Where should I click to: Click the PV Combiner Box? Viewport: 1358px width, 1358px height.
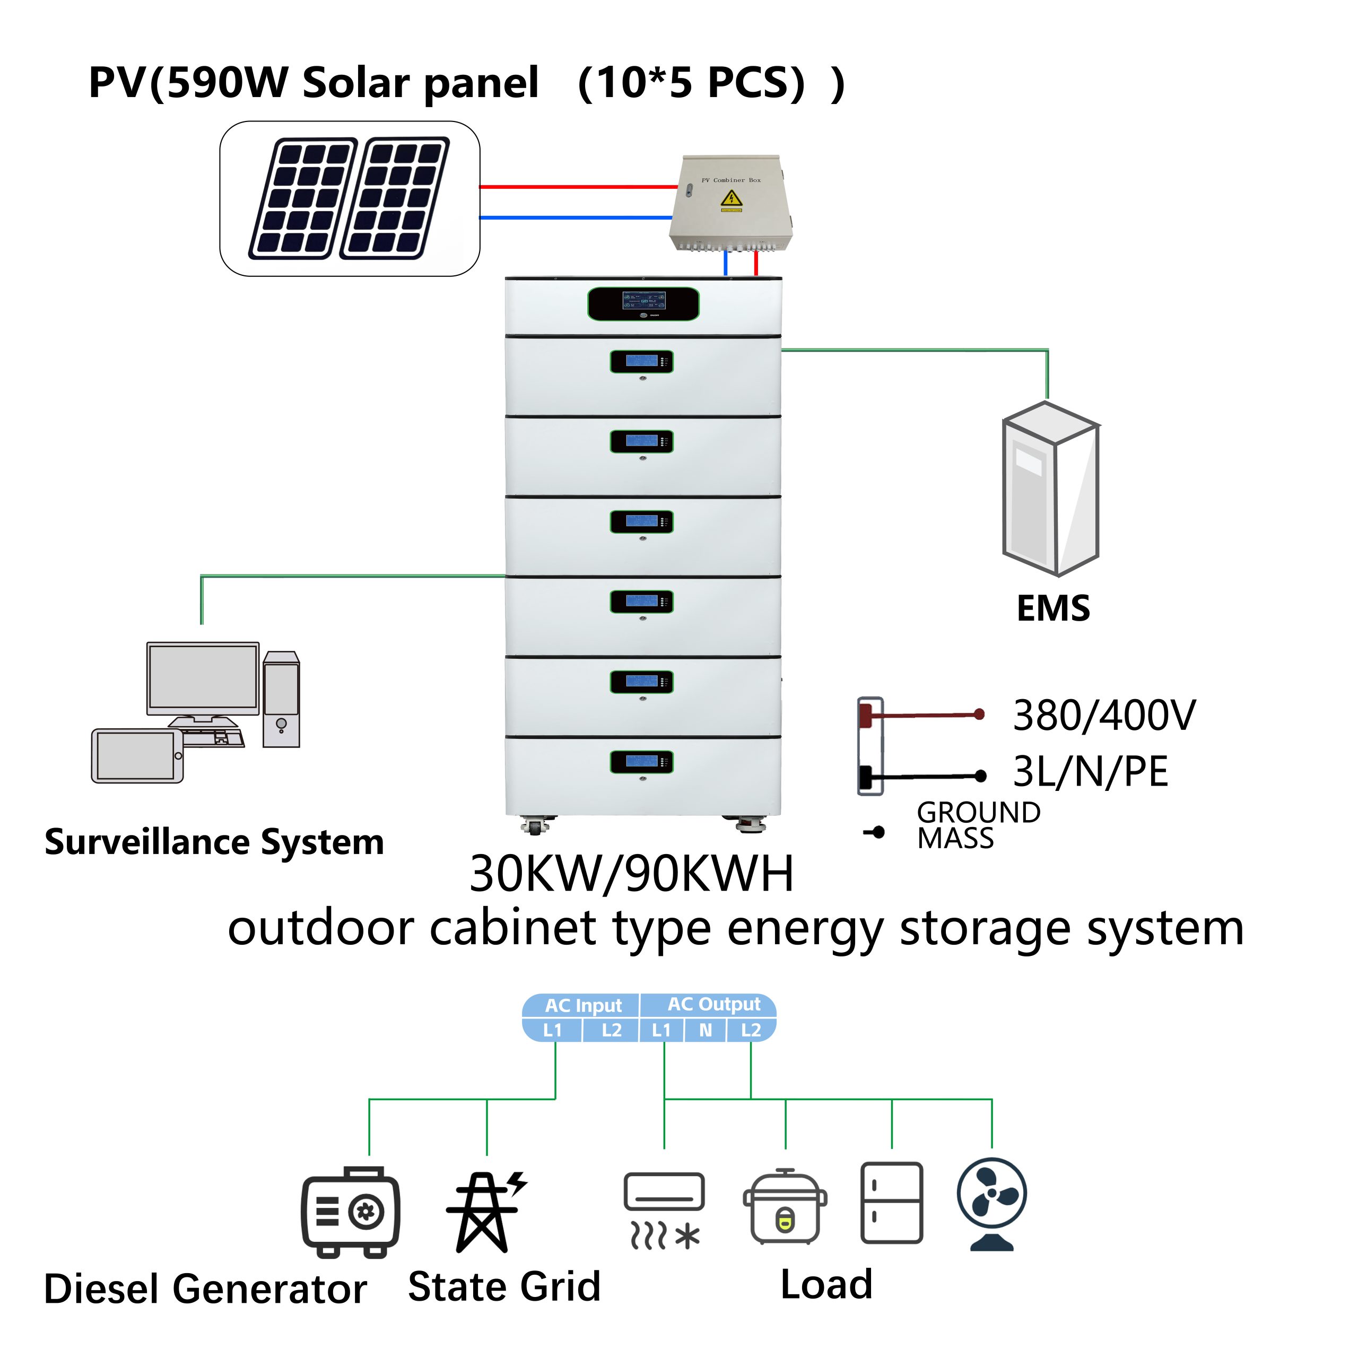731,204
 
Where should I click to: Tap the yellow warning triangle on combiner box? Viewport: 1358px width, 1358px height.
731,199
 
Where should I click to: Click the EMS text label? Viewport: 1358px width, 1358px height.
1053,608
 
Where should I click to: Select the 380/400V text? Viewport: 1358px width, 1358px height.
1103,716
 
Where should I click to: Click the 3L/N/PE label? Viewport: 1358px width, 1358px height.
1090,772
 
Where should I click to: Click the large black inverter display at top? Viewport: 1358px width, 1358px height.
643,303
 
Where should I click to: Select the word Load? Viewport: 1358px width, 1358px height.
826,1285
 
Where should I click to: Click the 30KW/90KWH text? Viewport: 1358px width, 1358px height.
631,874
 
